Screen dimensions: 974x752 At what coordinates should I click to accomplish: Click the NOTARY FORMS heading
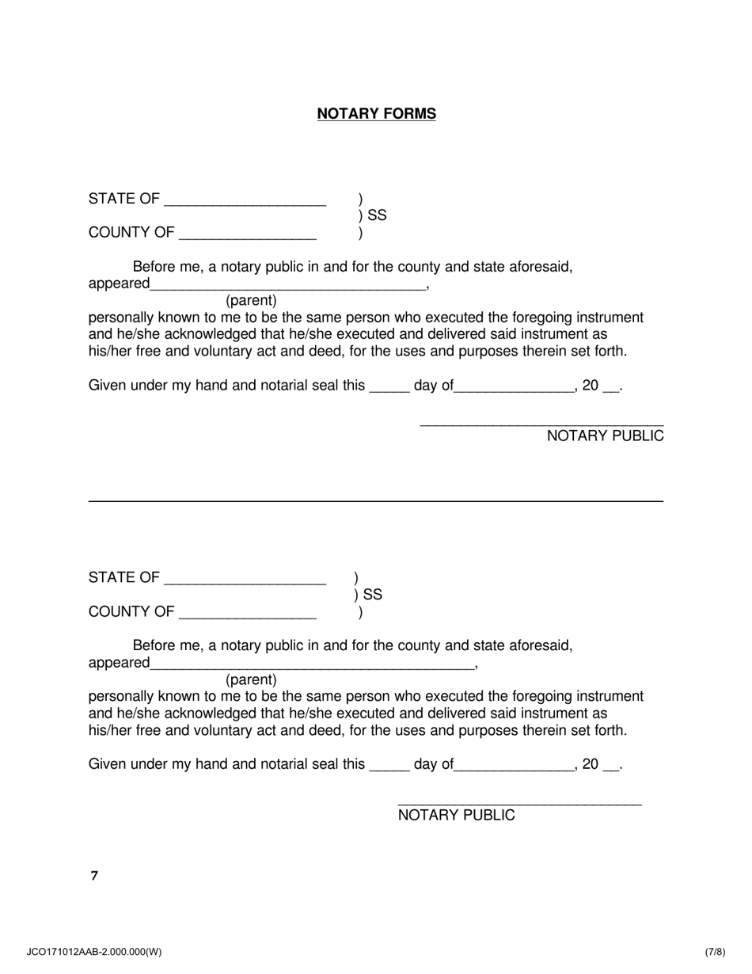[376, 114]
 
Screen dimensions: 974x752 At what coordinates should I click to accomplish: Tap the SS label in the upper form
[377, 215]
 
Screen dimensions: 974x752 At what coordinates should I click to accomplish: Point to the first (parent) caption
[251, 301]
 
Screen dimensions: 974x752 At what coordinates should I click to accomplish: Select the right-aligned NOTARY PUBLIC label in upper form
[605, 436]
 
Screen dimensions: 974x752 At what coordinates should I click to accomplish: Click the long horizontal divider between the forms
[376, 501]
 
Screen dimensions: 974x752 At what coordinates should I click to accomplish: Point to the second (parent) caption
[251, 680]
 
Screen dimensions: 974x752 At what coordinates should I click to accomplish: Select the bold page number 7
[94, 876]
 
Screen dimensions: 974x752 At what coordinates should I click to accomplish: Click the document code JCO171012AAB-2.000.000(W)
[94, 953]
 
